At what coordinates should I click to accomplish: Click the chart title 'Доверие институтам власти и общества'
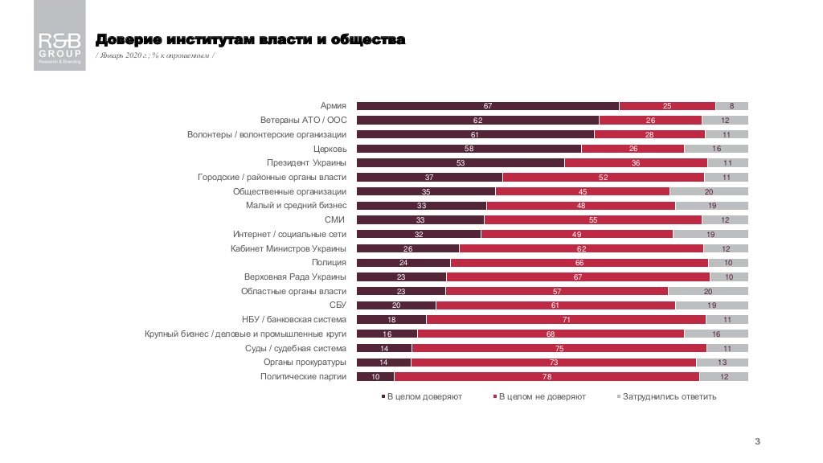pos(250,39)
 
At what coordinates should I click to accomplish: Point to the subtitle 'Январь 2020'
pos(155,55)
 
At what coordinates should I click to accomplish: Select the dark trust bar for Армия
pos(487,106)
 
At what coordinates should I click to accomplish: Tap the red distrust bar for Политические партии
pos(547,376)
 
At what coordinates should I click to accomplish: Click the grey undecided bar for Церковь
pos(715,149)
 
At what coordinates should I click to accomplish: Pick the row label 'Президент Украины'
pos(309,163)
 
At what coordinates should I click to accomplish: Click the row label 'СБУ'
pos(338,305)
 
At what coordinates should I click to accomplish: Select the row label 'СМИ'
pos(335,219)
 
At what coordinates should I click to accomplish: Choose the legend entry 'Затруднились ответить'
pos(669,397)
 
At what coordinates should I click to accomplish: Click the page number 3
pos(757,442)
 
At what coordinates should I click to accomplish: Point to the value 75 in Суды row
pos(559,348)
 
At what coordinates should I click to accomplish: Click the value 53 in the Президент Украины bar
pos(460,163)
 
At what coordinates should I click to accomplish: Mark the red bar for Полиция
pos(579,263)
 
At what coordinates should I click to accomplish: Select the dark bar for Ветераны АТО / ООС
pos(477,121)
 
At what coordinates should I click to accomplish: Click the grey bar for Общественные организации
pos(708,191)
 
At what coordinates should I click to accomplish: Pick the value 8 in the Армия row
pos(731,106)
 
